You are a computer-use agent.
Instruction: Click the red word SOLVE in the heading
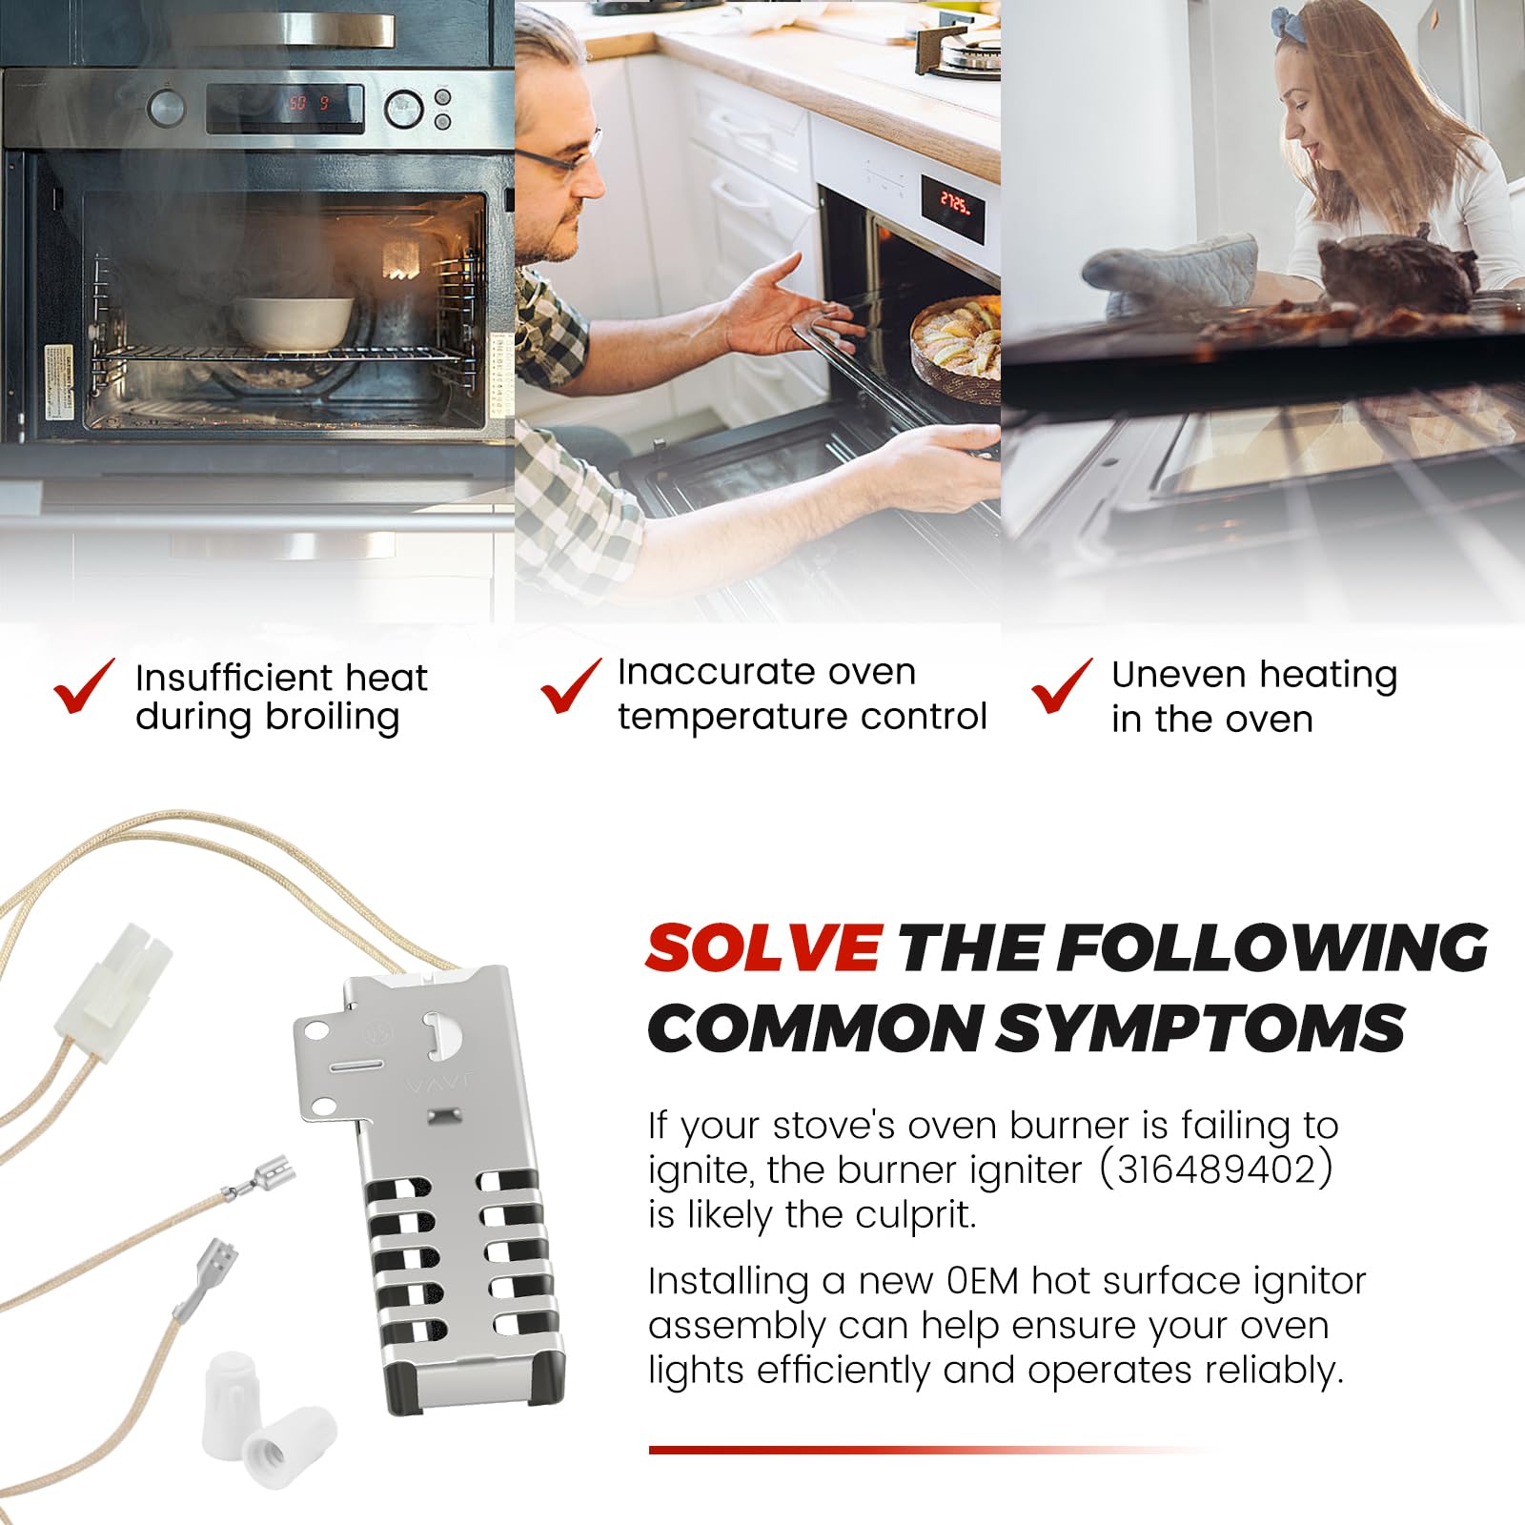point(762,948)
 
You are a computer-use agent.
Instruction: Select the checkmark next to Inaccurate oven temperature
point(570,686)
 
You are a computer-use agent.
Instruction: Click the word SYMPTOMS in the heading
point(1201,1029)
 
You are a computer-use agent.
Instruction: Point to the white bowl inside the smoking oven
point(294,321)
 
